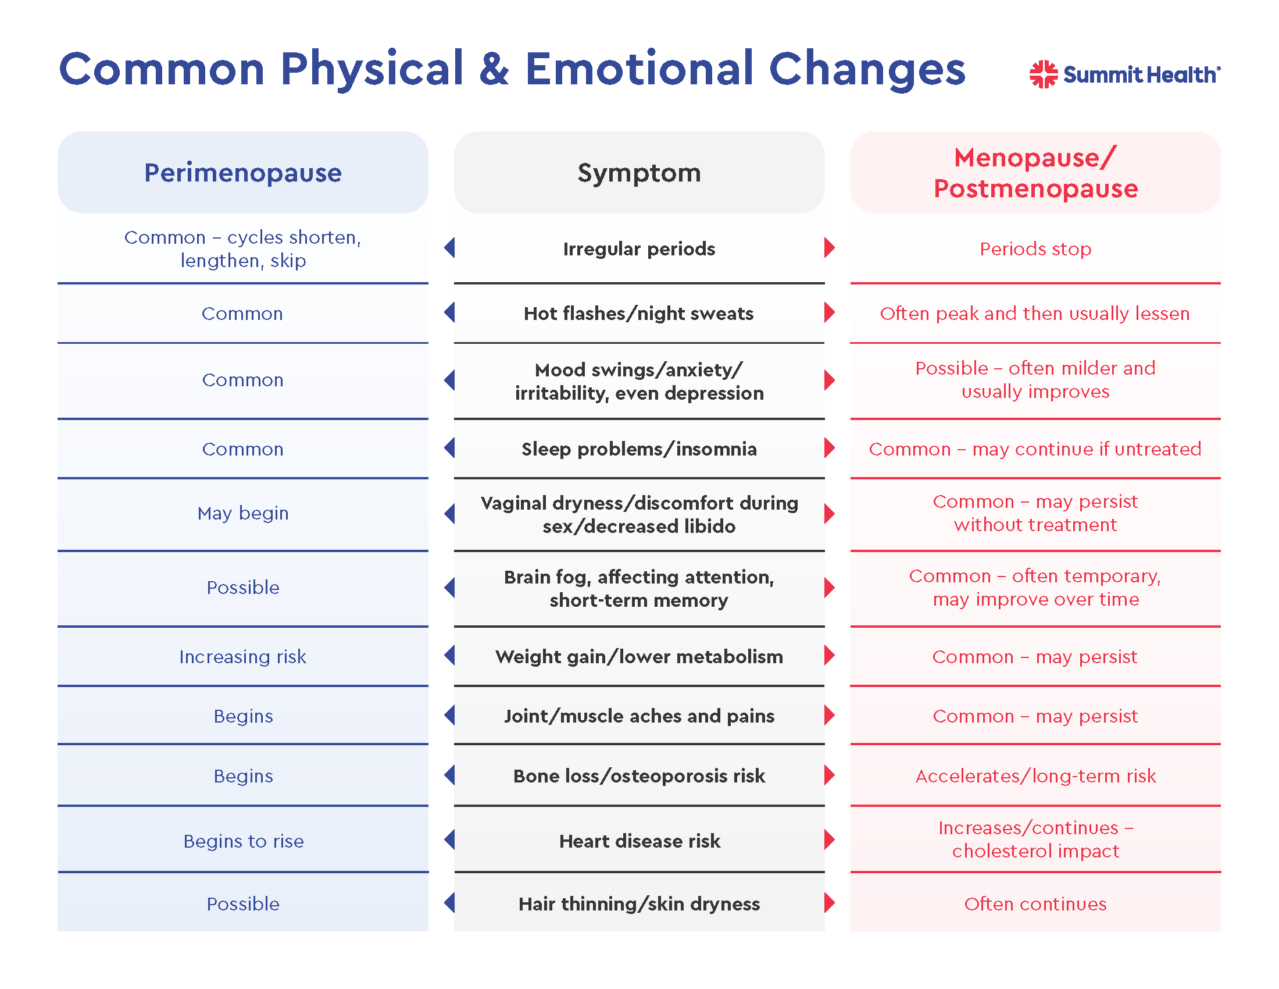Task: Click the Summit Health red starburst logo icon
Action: coord(1044,74)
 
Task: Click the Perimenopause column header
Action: coord(242,173)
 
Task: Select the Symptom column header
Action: coord(639,173)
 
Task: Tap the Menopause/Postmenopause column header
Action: coord(1035,173)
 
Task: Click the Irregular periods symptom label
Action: coord(639,249)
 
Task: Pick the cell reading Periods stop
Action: coord(1035,249)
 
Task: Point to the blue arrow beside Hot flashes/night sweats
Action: coord(450,312)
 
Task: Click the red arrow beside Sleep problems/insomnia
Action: coord(828,448)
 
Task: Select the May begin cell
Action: coord(242,513)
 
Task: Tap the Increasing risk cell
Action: coord(242,657)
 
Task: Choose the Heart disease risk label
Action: coord(639,841)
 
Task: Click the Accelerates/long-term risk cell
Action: coord(1035,775)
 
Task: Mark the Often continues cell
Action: coord(1035,903)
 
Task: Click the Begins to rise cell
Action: coord(243,841)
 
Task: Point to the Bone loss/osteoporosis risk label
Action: coord(639,775)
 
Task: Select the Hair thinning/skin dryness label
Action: coord(639,903)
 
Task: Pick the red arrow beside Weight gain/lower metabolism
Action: coord(828,655)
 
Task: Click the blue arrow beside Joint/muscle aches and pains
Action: coord(450,715)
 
